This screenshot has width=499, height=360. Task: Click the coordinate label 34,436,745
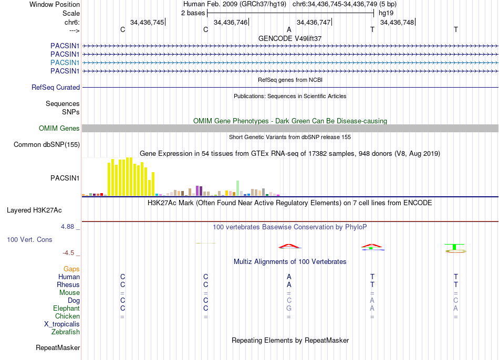coord(147,22)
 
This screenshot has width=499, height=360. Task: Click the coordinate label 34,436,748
coord(397,22)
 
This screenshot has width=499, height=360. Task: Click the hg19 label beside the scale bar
coord(386,13)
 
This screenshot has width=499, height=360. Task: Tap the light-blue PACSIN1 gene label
coord(65,62)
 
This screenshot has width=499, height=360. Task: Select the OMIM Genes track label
coord(59,129)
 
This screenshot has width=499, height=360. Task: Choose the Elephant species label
coord(67,309)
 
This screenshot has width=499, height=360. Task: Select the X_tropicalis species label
coord(62,324)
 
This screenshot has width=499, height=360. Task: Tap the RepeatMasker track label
coord(58,347)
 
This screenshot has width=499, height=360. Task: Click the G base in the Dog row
coord(289,301)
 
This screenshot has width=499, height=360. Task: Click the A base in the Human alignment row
coord(289,277)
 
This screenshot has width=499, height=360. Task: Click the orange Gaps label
coord(71,269)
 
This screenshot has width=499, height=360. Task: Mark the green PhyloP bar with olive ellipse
coord(454,247)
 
